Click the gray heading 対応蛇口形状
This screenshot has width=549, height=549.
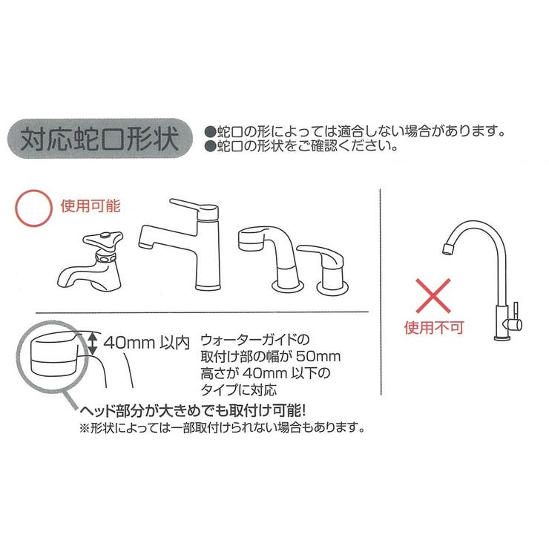(x=100, y=139)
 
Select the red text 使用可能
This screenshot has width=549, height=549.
(x=91, y=206)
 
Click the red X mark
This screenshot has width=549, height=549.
(x=433, y=296)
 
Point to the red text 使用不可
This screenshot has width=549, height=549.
(x=434, y=328)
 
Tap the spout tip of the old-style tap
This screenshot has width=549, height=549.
(x=63, y=280)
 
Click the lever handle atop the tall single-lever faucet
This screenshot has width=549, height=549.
(x=194, y=208)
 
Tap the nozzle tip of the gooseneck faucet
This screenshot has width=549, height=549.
(x=448, y=249)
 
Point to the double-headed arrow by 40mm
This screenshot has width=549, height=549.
(x=92, y=343)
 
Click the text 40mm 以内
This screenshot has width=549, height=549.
(x=146, y=343)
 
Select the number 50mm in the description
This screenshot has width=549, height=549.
(x=318, y=356)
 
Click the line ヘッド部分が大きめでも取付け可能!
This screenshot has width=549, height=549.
(x=193, y=410)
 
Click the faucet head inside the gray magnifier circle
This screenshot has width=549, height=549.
(x=53, y=354)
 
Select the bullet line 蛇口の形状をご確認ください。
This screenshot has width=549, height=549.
(x=301, y=146)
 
